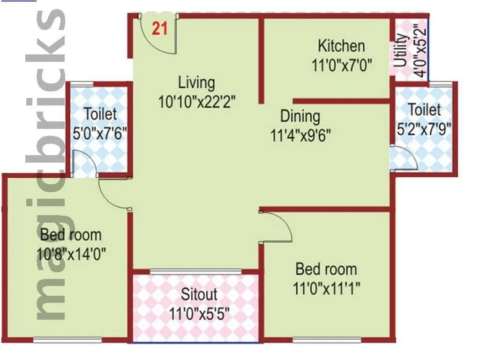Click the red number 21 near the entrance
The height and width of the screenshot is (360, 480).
coord(159,29)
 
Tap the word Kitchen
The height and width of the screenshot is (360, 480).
coord(341,46)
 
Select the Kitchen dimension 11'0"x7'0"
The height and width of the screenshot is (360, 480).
coord(342,65)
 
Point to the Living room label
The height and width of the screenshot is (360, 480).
coord(196,82)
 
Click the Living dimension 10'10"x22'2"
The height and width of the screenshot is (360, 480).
coord(196,101)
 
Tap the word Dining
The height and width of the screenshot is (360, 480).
coord(300,116)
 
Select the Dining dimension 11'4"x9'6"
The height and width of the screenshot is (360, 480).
coord(300,135)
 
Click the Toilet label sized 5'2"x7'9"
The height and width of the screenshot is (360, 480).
coord(424,110)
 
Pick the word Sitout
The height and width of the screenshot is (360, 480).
coord(199,294)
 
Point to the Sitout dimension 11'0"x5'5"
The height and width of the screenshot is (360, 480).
coord(199,313)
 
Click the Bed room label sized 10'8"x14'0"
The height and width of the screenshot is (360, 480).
coord(70,234)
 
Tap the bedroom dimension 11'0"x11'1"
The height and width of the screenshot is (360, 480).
coord(326,287)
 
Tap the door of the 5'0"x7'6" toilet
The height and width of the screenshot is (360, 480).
coord(86,164)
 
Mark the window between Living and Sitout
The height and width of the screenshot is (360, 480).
coord(196,271)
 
